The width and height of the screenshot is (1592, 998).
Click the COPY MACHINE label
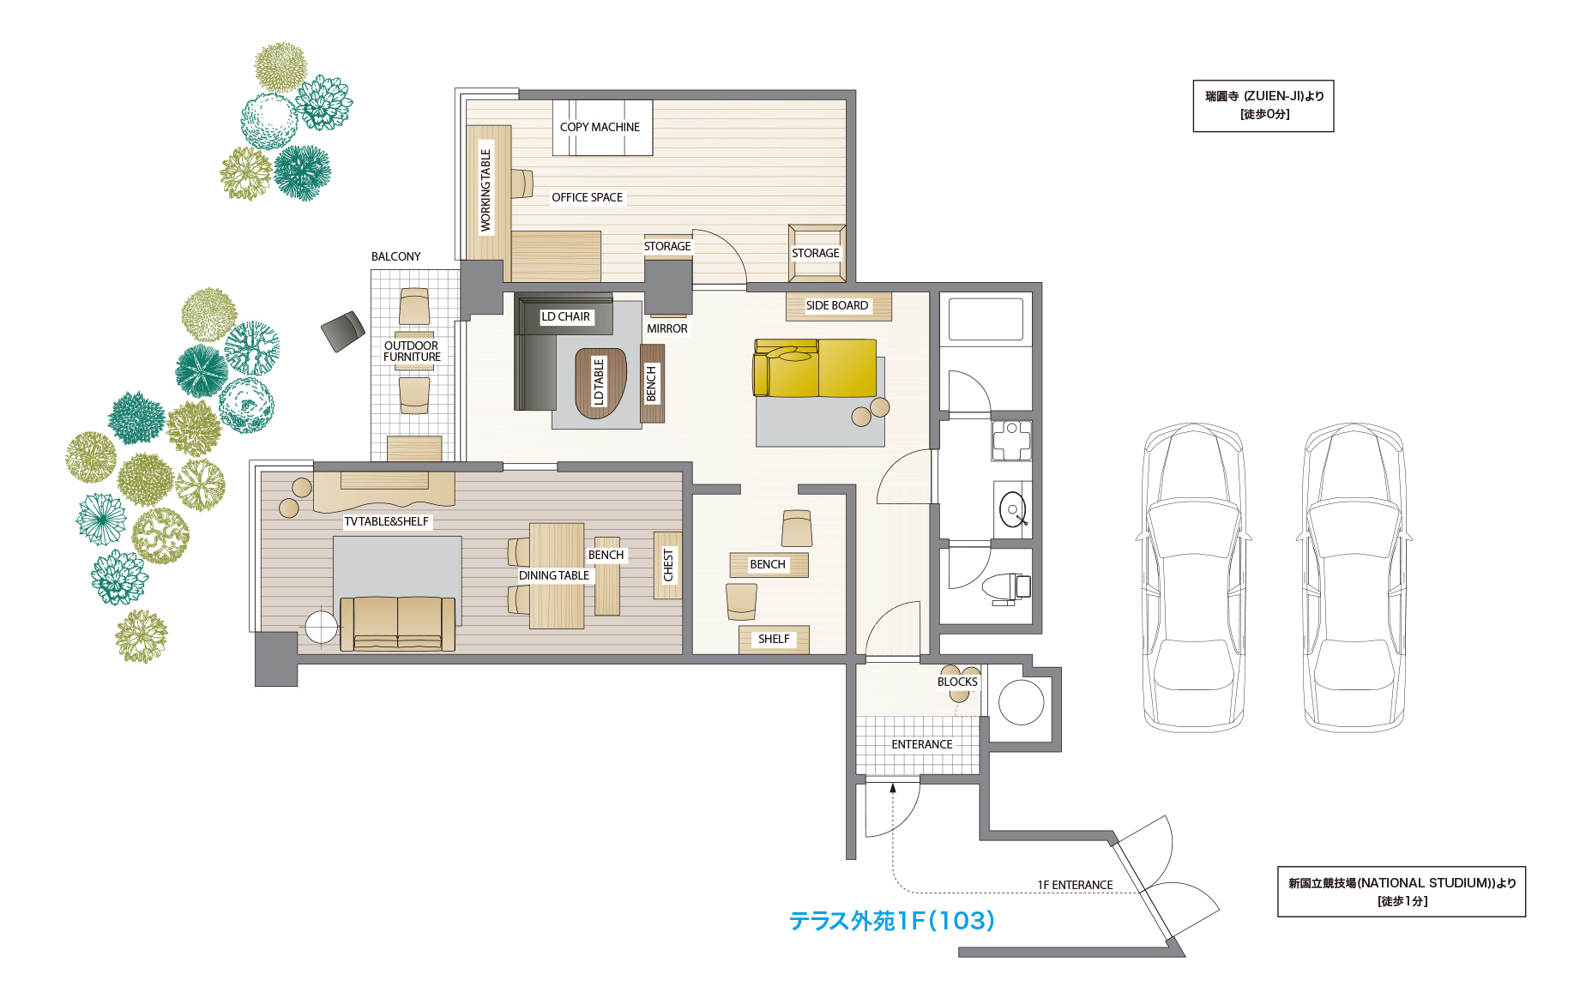tap(600, 127)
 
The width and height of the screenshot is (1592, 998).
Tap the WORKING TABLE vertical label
tap(485, 190)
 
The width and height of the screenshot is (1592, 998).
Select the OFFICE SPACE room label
tap(587, 197)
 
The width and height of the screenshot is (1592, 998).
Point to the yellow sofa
tap(815, 368)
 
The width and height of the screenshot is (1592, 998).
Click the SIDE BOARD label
tap(837, 305)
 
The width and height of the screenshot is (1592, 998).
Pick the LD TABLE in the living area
tap(600, 382)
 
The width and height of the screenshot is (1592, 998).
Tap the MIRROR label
tap(667, 328)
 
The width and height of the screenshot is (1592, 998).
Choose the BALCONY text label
tap(396, 256)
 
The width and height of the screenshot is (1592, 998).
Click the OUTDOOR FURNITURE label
tap(412, 352)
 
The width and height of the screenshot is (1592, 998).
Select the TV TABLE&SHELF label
tap(386, 521)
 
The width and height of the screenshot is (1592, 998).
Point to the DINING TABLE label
tap(554, 575)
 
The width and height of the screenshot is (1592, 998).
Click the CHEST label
tap(668, 565)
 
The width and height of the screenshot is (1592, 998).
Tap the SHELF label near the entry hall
tap(774, 639)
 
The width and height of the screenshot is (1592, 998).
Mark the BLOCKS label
tap(957, 682)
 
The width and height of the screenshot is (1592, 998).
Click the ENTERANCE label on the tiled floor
tap(922, 744)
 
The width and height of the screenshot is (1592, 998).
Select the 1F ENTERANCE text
tap(1076, 885)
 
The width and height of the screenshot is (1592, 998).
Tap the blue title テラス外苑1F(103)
tap(892, 921)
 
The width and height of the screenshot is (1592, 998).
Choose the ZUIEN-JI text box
tap(1263, 106)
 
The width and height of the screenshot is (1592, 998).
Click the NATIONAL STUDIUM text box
tap(1402, 892)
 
